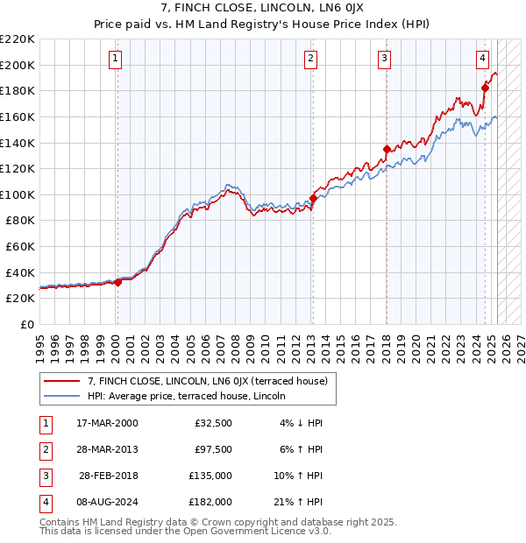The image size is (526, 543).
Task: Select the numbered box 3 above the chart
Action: click(x=385, y=59)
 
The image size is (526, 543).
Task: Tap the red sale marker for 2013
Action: click(x=313, y=198)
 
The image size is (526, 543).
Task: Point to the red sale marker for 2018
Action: click(x=387, y=149)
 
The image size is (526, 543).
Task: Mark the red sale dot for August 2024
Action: click(x=485, y=88)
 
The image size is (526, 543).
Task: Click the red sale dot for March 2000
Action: click(x=117, y=282)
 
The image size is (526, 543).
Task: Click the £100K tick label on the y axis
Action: click(x=18, y=194)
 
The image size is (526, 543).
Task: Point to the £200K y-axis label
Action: click(x=18, y=65)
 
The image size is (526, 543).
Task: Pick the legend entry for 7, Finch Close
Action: click(x=207, y=381)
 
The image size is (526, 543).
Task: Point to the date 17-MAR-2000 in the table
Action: click(x=108, y=423)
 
